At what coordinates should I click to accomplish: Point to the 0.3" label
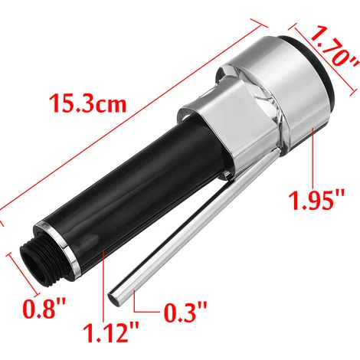click(186, 312)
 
